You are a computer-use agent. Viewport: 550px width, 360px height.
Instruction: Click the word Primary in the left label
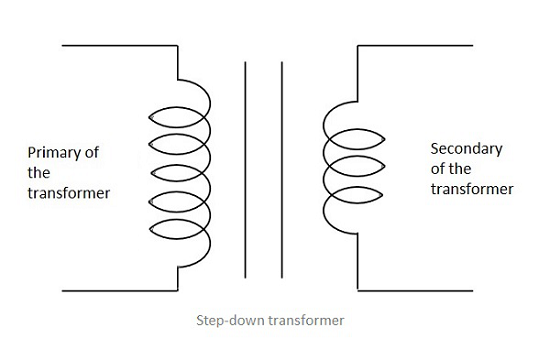coord(52,153)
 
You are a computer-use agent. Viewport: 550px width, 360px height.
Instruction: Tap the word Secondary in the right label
coord(467,149)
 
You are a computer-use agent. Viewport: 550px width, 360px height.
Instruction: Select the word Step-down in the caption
coord(230,320)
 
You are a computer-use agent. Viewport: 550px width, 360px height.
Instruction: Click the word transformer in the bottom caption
coord(306,320)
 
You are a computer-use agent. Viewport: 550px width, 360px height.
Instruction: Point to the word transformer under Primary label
coord(69,193)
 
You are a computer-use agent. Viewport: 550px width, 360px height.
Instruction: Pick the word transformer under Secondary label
coord(472,189)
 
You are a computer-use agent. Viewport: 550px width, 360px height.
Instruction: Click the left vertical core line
coord(245,170)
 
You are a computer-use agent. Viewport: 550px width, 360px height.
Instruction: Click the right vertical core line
coord(282,170)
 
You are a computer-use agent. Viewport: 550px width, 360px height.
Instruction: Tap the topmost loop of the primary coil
coord(176,107)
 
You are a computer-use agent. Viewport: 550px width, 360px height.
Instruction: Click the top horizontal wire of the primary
coord(120,45)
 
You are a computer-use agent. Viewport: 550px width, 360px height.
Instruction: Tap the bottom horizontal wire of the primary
coord(120,291)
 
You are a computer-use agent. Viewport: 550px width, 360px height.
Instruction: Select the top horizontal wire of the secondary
coord(415,45)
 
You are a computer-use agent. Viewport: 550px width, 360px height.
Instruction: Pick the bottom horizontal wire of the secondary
coord(415,291)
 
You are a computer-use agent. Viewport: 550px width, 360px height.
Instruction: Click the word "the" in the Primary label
coord(39,173)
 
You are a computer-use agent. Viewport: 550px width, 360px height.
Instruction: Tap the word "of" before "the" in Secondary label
coord(437,169)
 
